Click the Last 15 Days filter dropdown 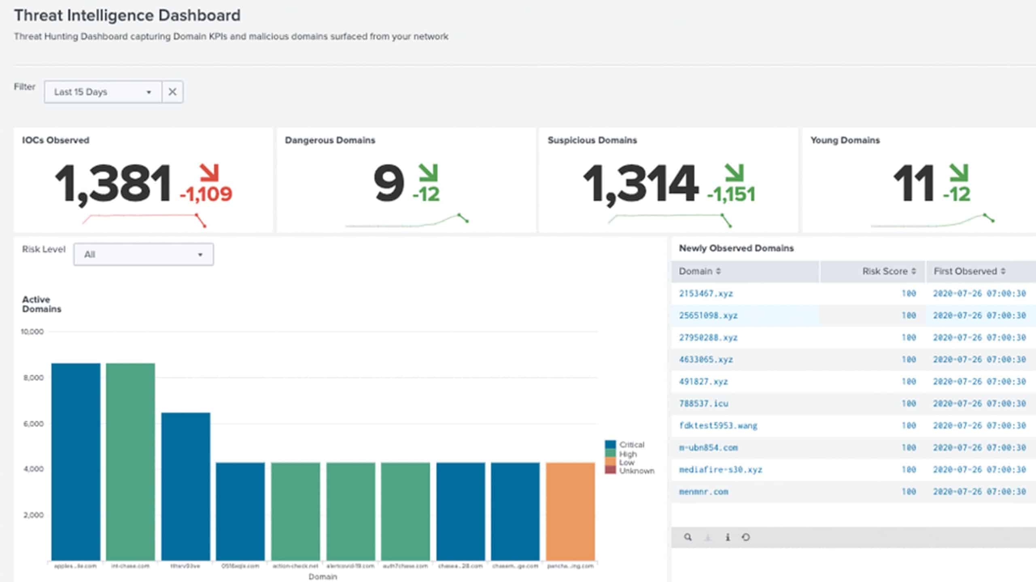[x=103, y=92]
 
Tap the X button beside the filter [x=172, y=92]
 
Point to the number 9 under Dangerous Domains [x=388, y=183]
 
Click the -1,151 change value [x=731, y=195]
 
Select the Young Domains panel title [x=845, y=140]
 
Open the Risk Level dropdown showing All [x=143, y=254]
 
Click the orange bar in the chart [x=570, y=512]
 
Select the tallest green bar [x=130, y=461]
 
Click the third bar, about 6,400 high [x=185, y=485]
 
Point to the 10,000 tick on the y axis [x=32, y=332]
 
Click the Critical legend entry [x=631, y=444]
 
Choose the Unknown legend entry [x=636, y=471]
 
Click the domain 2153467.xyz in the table [x=706, y=294]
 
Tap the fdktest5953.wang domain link [x=718, y=425]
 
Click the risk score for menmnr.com [x=909, y=492]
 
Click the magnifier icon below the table [x=688, y=537]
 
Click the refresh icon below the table [x=745, y=537]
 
